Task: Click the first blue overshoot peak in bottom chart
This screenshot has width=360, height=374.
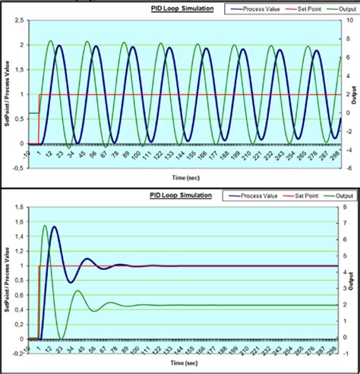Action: click(53, 226)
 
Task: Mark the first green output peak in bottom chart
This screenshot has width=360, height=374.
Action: click(45, 225)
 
